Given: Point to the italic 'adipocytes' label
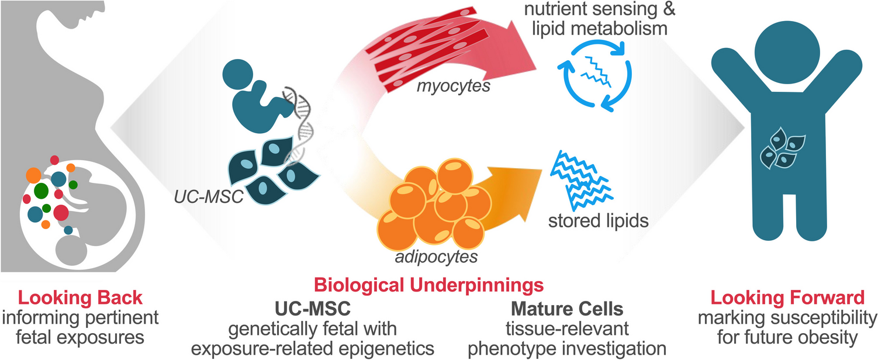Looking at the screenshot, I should click(x=427, y=256).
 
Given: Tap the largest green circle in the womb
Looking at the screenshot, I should click(x=41, y=191).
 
